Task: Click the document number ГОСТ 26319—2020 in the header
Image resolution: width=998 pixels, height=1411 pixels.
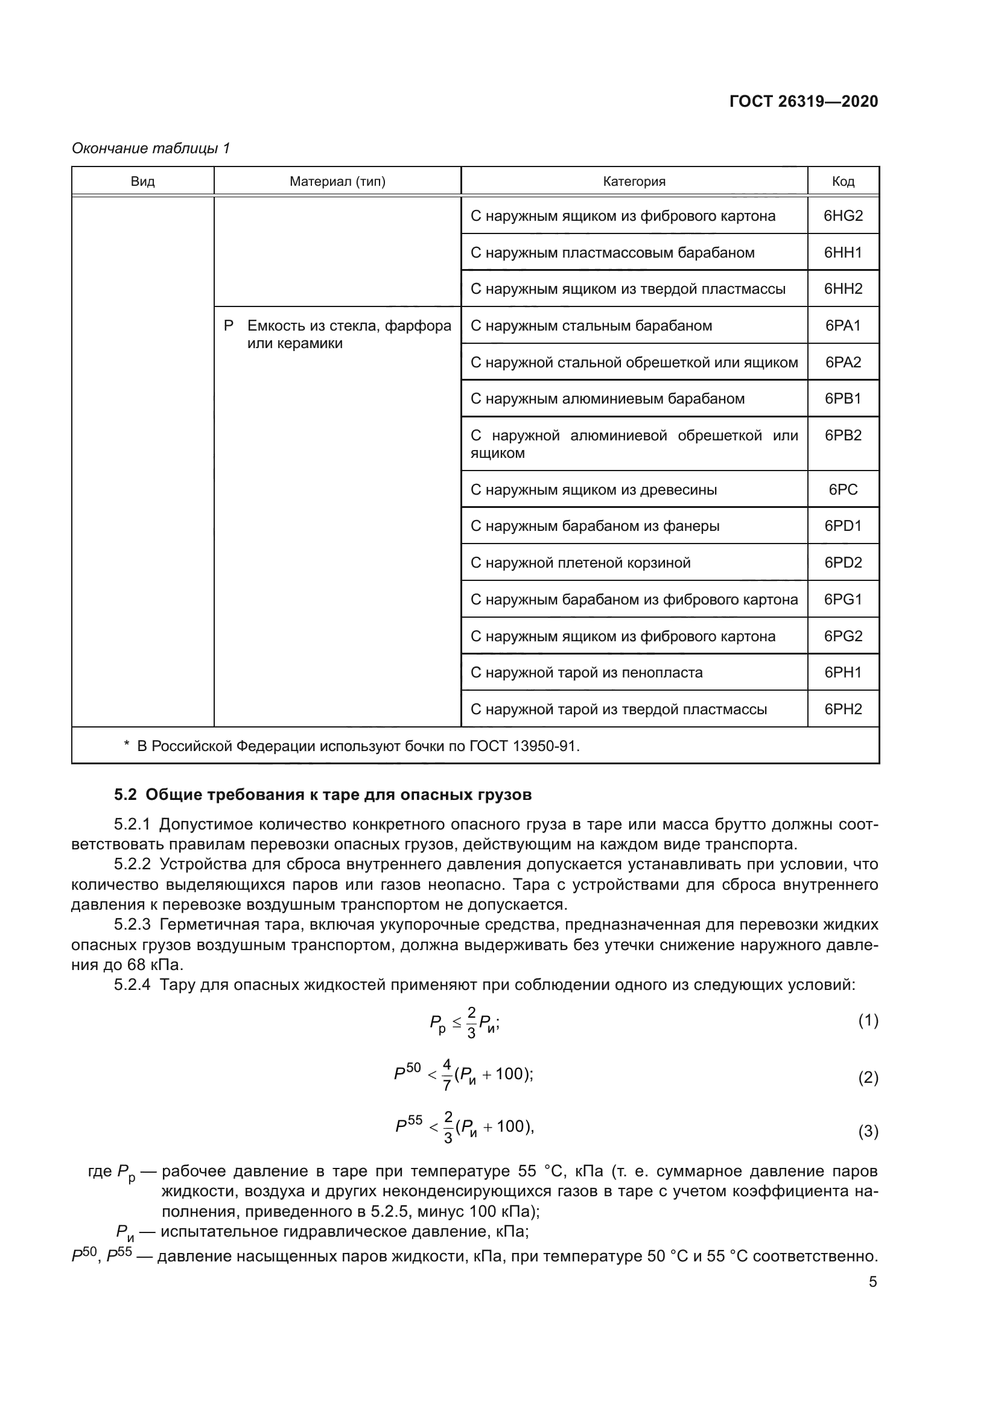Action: pos(803,101)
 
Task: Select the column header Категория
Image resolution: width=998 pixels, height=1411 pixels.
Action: pos(634,182)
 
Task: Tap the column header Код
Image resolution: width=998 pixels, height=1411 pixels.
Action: pos(842,182)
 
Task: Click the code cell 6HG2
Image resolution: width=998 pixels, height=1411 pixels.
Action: pos(842,216)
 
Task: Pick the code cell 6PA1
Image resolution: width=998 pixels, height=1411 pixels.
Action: pos(842,326)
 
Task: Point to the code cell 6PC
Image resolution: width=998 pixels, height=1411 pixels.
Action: pos(842,490)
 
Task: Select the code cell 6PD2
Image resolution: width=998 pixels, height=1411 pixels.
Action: pos(842,563)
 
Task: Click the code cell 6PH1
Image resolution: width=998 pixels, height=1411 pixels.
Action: pos(842,672)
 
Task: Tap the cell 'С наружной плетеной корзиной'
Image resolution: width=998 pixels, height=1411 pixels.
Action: pos(580,563)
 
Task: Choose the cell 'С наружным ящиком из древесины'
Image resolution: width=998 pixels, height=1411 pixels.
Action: pos(593,490)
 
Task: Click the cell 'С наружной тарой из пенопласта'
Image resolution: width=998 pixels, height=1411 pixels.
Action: pos(586,672)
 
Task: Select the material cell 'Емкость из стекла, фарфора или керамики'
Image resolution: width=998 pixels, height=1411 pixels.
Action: pos(348,334)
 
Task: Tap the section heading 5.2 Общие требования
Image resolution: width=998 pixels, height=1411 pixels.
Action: pos(323,794)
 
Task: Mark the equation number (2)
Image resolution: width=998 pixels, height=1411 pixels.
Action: pos(868,1077)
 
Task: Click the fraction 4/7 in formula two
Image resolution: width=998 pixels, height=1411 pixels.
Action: pos(447,1075)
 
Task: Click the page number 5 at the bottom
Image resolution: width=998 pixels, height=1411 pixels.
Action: pos(872,1282)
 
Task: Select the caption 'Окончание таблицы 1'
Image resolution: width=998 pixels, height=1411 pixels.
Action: pos(151,148)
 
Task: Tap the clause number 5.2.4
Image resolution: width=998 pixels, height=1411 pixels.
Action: pos(132,985)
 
